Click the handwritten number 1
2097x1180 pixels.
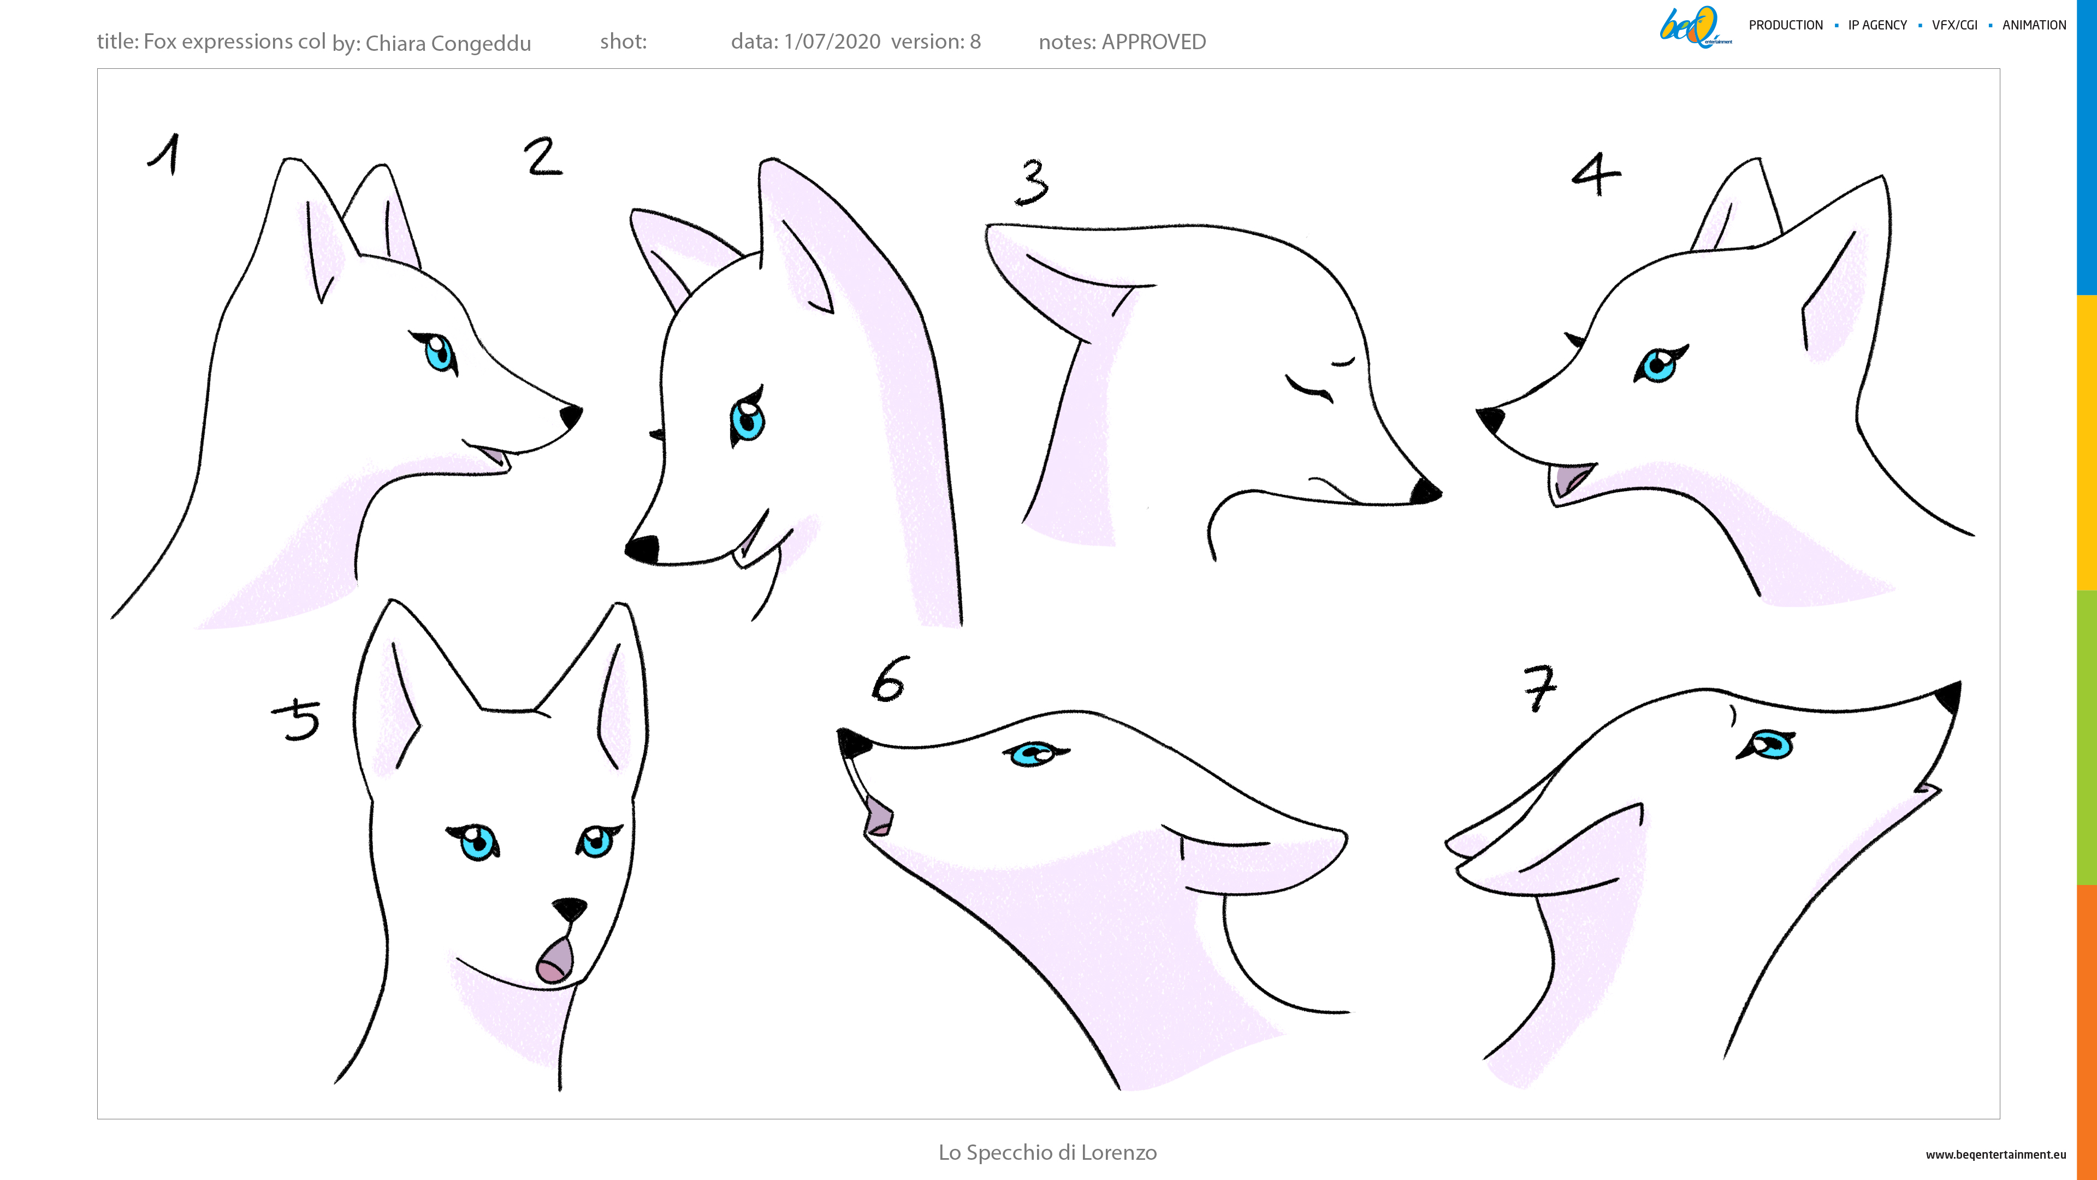165,154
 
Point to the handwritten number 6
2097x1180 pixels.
889,679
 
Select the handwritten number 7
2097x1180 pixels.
1539,687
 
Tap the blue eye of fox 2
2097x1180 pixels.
747,418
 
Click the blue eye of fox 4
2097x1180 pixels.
1658,365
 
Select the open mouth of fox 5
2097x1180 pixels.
554,959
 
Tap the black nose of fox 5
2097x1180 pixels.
569,908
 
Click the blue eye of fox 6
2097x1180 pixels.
1033,754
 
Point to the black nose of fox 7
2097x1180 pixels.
1949,698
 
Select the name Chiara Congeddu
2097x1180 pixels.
448,43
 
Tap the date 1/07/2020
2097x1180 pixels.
832,42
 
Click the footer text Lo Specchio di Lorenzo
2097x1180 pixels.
1048,1152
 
